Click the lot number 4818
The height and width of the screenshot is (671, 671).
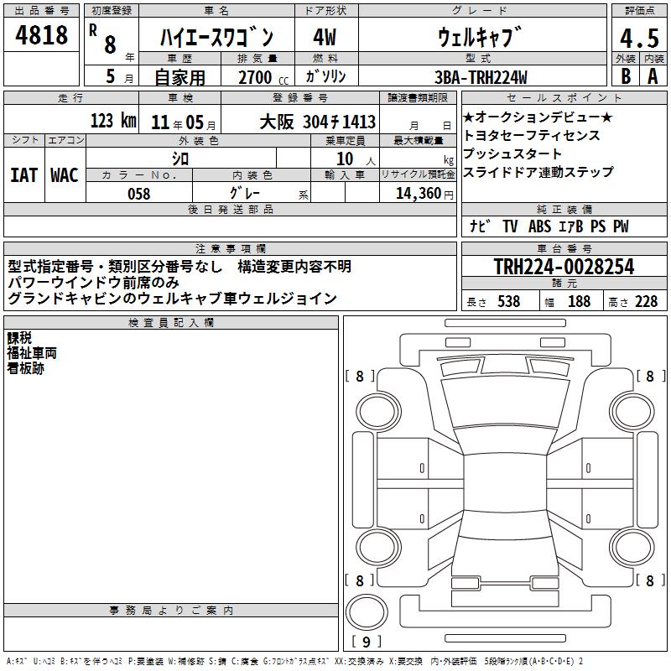point(41,35)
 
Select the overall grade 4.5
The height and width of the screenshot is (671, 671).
point(639,38)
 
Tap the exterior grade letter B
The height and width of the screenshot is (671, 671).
point(626,76)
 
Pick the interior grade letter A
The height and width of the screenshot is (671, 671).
point(653,76)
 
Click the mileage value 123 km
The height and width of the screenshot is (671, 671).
point(113,121)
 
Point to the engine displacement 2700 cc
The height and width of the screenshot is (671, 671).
point(263,77)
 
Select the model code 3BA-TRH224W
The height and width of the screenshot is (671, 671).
point(481,77)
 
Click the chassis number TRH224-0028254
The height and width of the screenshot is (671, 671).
point(564,267)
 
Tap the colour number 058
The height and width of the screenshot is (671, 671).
point(139,194)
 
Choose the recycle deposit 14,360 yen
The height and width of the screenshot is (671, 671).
point(424,194)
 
